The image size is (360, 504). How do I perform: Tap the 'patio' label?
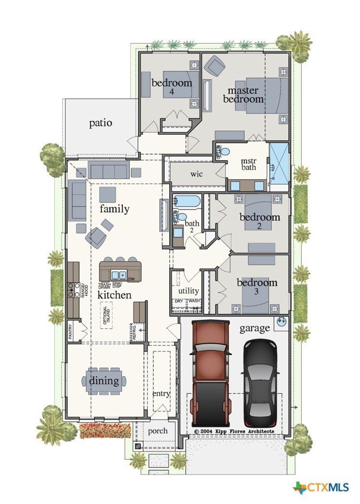pyautogui.click(x=101, y=123)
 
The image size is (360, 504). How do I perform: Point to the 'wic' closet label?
pyautogui.click(x=197, y=174)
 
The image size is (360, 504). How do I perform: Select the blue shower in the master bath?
pyautogui.click(x=279, y=164)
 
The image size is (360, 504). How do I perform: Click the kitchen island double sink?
pyautogui.click(x=118, y=275)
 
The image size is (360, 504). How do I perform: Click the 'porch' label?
pyautogui.click(x=157, y=430)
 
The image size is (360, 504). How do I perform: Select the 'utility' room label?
pyautogui.click(x=188, y=291)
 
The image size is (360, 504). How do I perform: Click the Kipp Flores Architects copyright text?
pyautogui.click(x=234, y=431)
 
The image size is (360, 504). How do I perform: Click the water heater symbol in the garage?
pyautogui.click(x=282, y=321)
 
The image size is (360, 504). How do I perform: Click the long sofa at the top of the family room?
pyautogui.click(x=109, y=170)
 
